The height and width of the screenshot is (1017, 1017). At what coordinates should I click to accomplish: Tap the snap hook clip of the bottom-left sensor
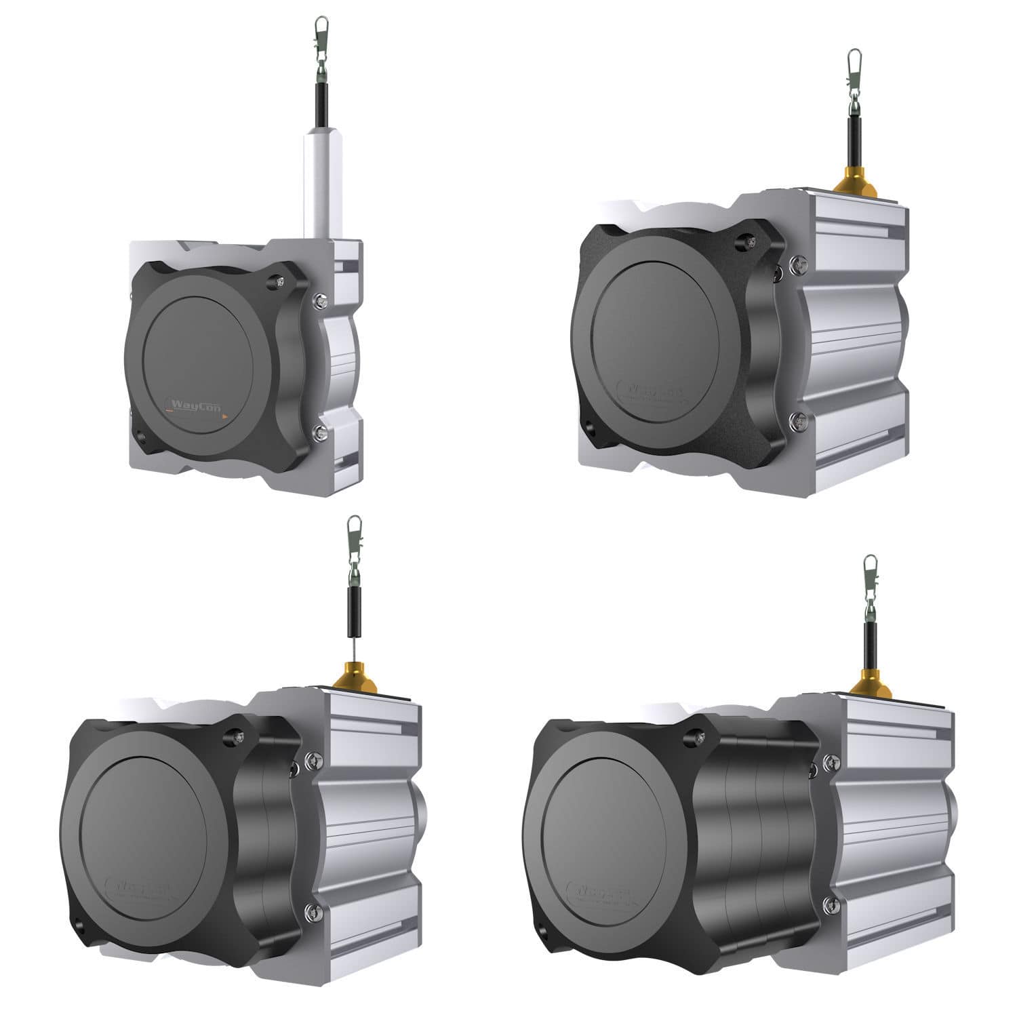[x=354, y=532]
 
